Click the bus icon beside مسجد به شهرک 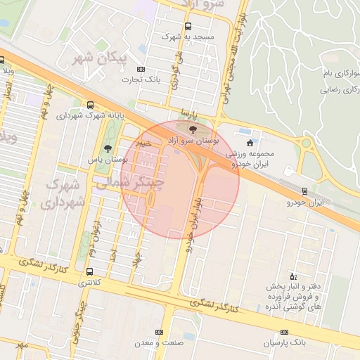(188, 26)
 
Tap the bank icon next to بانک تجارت (141, 69)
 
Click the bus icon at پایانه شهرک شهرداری (91, 103)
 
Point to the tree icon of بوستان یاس (107, 148)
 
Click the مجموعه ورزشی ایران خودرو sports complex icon (250, 143)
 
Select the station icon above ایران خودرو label (304, 191)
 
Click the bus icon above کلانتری (89, 271)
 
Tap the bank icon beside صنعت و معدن (159, 331)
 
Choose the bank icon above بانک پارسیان (284, 332)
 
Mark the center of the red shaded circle (180, 179)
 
